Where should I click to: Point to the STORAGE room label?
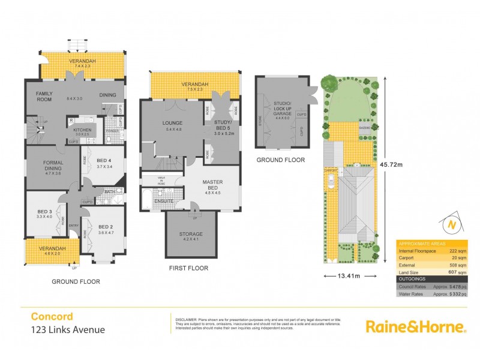pyautogui.click(x=191, y=234)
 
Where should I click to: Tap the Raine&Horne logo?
pyautogui.click(x=416, y=326)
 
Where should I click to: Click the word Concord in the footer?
pyautogui.click(x=52, y=316)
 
